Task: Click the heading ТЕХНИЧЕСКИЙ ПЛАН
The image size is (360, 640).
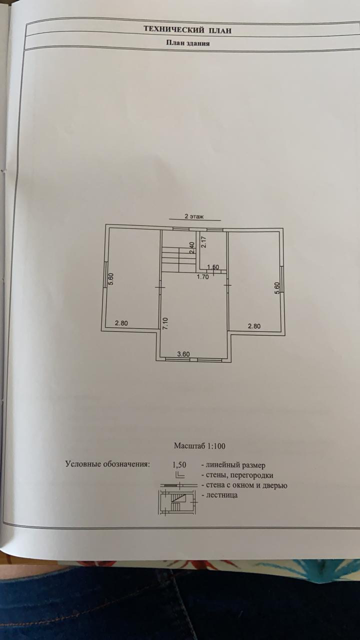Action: click(187, 30)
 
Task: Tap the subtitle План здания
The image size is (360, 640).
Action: click(187, 43)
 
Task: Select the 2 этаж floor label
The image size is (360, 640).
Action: click(194, 216)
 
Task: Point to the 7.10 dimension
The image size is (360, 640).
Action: click(165, 322)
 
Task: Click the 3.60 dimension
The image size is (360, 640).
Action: click(183, 354)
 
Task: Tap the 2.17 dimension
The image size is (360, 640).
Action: click(203, 242)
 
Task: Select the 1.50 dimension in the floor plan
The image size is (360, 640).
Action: click(213, 267)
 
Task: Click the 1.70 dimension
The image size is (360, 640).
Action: click(202, 276)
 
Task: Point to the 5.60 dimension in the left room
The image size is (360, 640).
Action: click(111, 279)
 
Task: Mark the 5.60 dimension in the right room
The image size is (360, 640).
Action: click(277, 288)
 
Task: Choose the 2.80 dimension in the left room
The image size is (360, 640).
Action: click(121, 323)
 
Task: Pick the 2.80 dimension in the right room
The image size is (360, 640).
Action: click(254, 326)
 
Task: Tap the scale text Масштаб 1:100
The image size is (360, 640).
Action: click(196, 445)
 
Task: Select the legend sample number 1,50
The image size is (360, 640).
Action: click(179, 464)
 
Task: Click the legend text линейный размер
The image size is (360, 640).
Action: click(233, 465)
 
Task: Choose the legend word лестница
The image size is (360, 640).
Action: click(220, 495)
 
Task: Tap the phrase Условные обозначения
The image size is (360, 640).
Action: click(107, 464)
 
